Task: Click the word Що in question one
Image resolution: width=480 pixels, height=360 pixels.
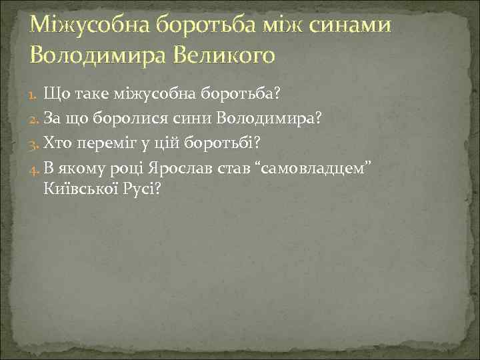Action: pyautogui.click(x=55, y=94)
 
